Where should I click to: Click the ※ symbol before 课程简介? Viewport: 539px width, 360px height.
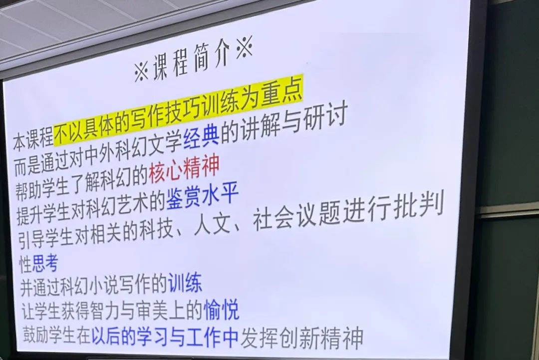coord(141,71)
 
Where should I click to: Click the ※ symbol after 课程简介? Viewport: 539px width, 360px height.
coord(245,47)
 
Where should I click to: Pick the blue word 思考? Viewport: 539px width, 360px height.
coord(45,264)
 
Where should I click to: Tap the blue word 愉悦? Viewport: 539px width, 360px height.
coord(221,309)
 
